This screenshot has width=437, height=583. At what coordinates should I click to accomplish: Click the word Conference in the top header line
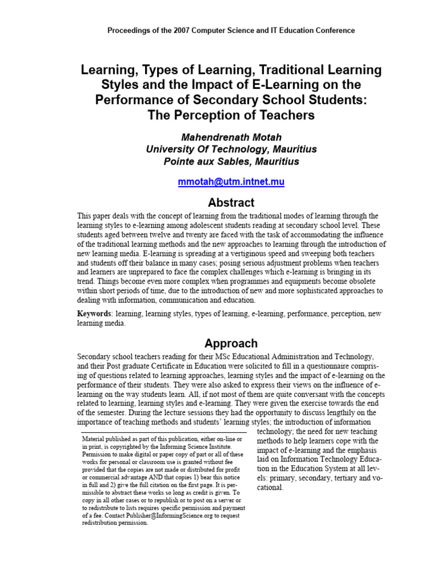[334, 31]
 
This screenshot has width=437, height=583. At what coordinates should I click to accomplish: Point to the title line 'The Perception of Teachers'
[231, 115]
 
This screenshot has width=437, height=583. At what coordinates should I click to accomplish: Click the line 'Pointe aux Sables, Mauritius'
[231, 162]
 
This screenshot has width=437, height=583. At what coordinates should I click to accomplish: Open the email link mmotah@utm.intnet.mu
[231, 182]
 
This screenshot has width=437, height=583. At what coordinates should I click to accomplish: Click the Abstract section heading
[231, 203]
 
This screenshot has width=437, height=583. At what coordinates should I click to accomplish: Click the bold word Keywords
[94, 314]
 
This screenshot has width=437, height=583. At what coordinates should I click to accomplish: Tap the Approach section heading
[231, 343]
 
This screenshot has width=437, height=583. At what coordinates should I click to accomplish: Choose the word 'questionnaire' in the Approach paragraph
[327, 366]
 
